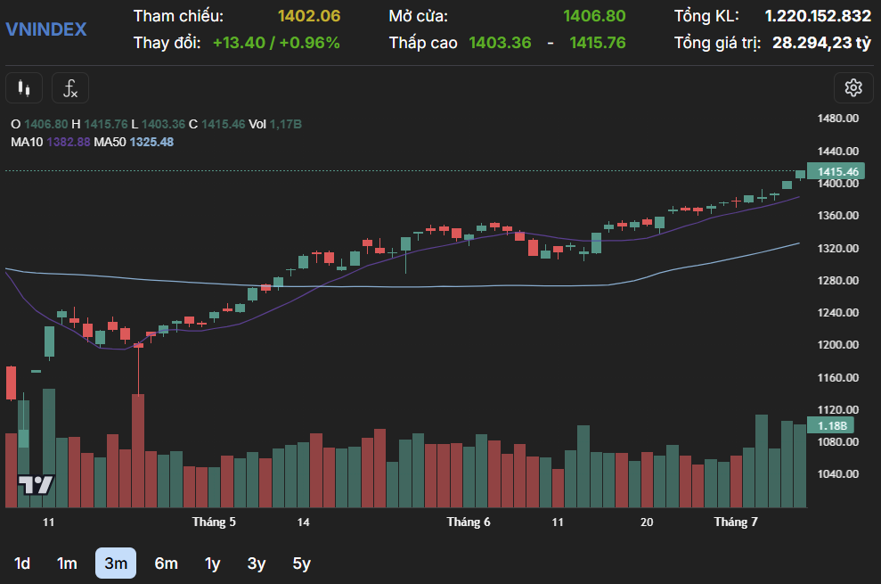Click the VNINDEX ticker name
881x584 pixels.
point(46,29)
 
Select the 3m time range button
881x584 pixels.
point(116,563)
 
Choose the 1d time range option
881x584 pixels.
point(22,563)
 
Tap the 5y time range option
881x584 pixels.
point(301,563)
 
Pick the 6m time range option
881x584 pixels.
point(166,563)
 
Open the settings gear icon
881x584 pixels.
point(853,87)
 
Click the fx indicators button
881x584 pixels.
point(70,88)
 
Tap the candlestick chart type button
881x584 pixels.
point(24,88)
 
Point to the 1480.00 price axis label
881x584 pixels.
point(837,119)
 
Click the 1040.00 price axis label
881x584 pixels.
point(837,474)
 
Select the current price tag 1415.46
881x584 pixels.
point(837,172)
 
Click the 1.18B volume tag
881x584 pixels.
point(831,425)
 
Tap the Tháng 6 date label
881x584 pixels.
point(469,522)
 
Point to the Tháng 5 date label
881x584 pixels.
point(214,522)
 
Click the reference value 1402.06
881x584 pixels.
point(309,16)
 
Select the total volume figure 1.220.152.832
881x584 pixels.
point(818,16)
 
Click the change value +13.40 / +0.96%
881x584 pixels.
point(276,42)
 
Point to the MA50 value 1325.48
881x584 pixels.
point(151,142)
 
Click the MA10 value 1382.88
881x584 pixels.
point(69,142)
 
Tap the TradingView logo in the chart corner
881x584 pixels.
point(37,485)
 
